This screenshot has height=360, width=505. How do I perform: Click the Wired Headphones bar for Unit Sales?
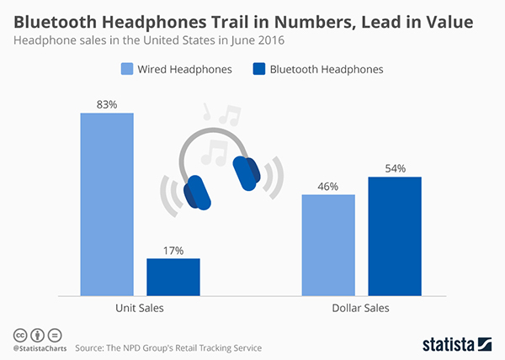[107, 204]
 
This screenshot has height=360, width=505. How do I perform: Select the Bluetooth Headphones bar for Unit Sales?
[173, 277]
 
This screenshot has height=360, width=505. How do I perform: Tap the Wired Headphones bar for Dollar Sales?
[328, 245]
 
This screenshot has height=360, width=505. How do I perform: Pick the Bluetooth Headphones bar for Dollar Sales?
[394, 236]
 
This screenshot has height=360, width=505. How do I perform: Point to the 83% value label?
[107, 104]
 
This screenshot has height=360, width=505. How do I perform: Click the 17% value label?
[173, 250]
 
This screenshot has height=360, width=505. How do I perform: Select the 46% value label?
[328, 186]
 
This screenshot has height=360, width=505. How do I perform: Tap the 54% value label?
[394, 168]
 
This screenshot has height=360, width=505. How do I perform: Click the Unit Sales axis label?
[140, 309]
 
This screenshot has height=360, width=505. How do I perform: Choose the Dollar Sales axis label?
[361, 309]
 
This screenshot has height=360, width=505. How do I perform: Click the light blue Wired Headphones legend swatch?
[127, 69]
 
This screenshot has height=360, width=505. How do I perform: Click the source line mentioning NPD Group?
[168, 347]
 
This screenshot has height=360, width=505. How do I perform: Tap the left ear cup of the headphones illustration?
[199, 191]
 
